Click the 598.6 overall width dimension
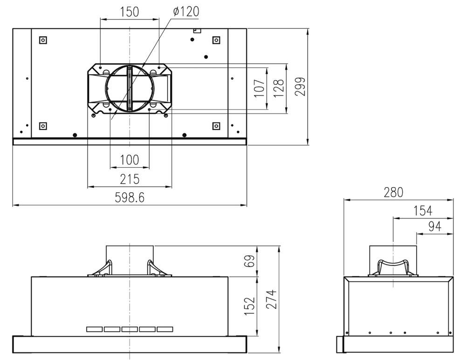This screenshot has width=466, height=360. tap(130, 198)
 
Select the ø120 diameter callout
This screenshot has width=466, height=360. tap(185, 12)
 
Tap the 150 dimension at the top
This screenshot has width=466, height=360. tap(129, 12)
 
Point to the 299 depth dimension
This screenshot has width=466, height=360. tap(301, 87)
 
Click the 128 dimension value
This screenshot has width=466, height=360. tap(279, 88)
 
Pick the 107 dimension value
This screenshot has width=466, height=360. tap(260, 88)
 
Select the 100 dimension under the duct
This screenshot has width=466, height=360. tap(129, 160)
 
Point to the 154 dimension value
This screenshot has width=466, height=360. tap(422, 211)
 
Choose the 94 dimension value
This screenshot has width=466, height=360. tap(434, 226)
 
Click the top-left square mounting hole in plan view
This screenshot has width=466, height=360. tap(43, 40)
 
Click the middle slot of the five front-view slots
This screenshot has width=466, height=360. tap(130, 329)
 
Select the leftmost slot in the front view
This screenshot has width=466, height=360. tap(94, 329)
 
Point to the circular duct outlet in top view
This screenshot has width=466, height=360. tap(129, 88)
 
